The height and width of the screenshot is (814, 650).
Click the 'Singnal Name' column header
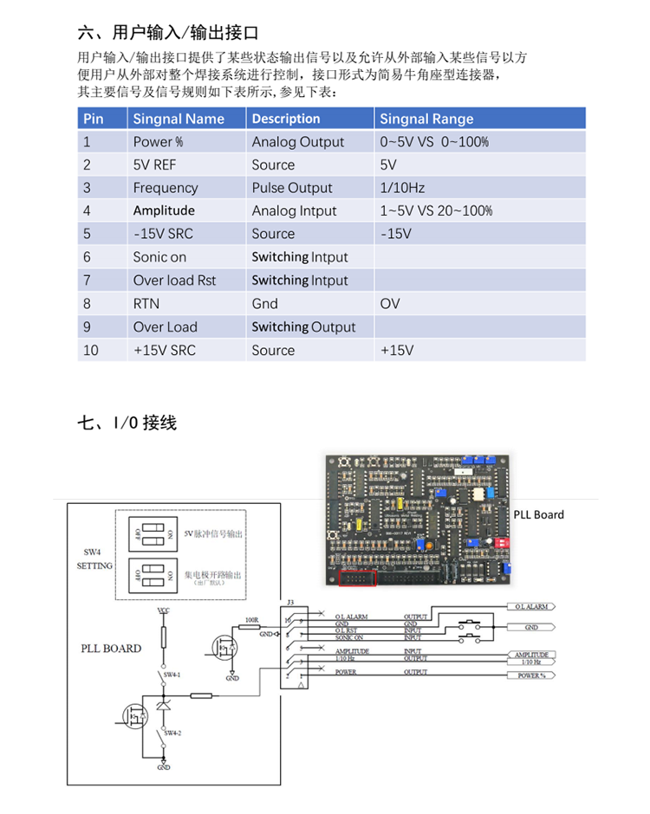pos(179,119)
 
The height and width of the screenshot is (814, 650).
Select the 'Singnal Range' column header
pos(426,119)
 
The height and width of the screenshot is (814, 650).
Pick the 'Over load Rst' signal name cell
pos(174,280)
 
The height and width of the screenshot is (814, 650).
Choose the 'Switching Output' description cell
pos(303,326)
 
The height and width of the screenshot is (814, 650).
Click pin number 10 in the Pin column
pos(92,350)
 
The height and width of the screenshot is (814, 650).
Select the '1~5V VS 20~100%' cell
pos(436,210)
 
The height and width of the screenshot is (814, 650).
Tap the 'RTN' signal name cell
pos(146,303)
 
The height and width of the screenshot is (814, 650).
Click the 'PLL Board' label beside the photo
pos(538,514)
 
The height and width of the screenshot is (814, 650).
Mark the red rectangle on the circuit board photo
pos(355,578)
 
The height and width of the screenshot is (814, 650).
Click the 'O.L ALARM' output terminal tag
pos(530,607)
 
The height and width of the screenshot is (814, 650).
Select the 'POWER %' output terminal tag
pos(530,675)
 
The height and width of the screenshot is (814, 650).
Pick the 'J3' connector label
pos(289,601)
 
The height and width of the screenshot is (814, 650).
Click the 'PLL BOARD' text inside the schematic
pos(111,648)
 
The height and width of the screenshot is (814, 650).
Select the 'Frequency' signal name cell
pos(165,188)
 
